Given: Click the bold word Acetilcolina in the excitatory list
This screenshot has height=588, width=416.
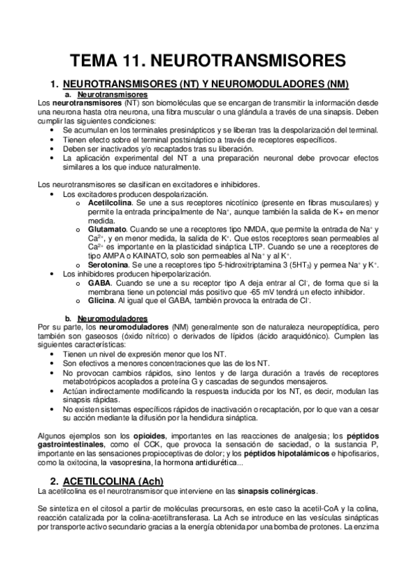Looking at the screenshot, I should (110, 202).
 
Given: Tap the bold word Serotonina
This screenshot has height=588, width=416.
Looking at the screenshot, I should (110, 264).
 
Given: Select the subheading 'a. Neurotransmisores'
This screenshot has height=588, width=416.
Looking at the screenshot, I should (112, 94).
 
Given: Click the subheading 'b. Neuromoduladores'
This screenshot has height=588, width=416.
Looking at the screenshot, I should (112, 318).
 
